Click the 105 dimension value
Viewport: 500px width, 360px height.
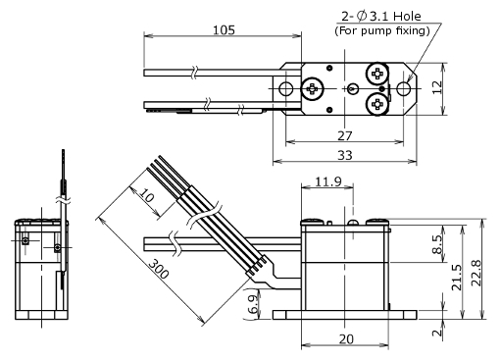(x=224, y=30)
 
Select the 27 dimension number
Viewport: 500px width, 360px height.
(x=345, y=135)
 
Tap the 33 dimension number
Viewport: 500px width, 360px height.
(x=345, y=155)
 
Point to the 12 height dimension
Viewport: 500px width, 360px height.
(x=437, y=87)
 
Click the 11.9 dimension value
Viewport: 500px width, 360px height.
(x=328, y=181)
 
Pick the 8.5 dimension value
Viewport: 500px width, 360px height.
(x=437, y=244)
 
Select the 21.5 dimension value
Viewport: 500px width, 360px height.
(x=457, y=278)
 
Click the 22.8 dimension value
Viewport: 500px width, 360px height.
(x=476, y=273)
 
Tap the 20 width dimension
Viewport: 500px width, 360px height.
(x=346, y=339)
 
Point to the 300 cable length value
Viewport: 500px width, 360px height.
(x=159, y=269)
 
